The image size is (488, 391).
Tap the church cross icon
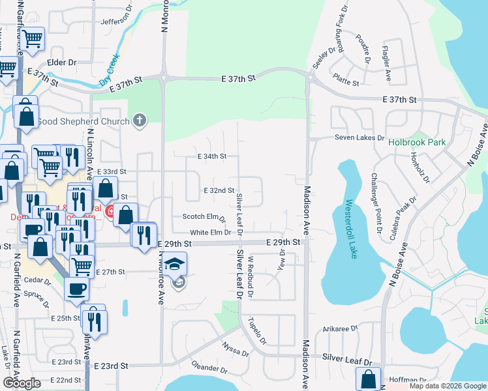pos(138,120)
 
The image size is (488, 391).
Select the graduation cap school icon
pos(174,263)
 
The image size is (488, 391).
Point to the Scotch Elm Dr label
pos(204,217)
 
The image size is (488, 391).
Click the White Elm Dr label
pos(211,232)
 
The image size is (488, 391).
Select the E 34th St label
pos(211,156)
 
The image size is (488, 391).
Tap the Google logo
pos(22,383)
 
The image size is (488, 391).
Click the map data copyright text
pos(447,386)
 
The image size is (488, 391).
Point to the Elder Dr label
pos(62,63)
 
